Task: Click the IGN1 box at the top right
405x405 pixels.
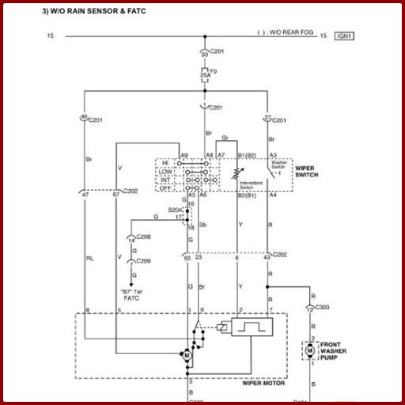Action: click(x=345, y=36)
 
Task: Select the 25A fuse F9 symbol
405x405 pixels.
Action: click(x=206, y=77)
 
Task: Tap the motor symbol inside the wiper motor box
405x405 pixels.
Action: click(x=187, y=357)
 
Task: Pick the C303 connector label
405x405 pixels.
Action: click(x=323, y=306)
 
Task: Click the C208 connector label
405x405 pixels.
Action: click(x=143, y=237)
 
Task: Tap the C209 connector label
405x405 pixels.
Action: click(x=143, y=260)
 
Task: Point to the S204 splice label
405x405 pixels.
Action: click(x=175, y=210)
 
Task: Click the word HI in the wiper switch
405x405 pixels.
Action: click(x=165, y=162)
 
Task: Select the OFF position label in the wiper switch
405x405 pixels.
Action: click(x=165, y=187)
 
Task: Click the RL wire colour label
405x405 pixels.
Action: click(x=89, y=258)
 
